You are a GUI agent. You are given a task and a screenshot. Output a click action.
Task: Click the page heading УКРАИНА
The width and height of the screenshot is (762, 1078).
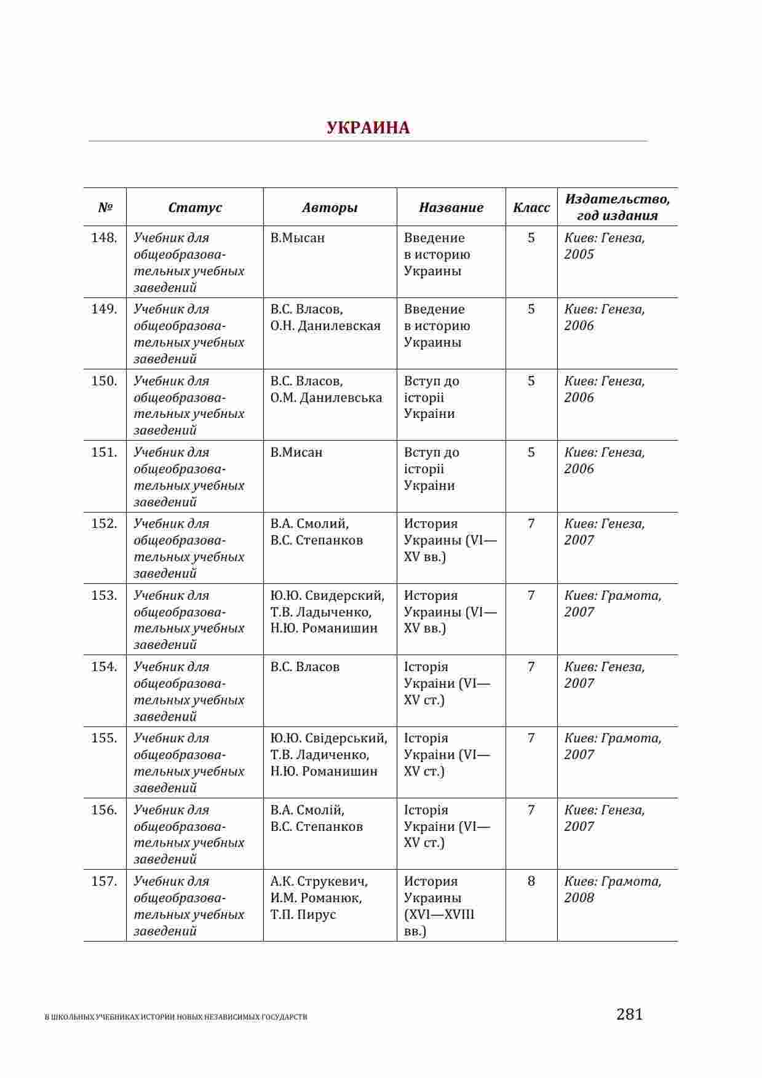tap(368, 128)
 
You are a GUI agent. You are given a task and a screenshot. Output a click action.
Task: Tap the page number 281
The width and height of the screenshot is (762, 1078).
tap(629, 1015)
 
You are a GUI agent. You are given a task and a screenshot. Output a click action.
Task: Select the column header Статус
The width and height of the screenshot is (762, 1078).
tap(195, 208)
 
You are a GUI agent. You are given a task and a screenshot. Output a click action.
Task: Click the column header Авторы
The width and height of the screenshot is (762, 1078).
tap(330, 208)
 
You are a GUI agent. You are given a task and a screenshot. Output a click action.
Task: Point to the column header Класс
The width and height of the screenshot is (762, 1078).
tap(531, 208)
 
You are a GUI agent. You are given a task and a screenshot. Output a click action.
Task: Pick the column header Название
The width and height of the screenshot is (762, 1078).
tap(451, 208)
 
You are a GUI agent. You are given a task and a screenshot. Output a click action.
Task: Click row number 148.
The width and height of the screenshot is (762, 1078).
tap(104, 238)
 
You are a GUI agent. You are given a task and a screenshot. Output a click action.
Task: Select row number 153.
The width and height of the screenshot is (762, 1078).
tap(104, 596)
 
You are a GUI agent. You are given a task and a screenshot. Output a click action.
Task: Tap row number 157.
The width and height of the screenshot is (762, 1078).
tap(104, 881)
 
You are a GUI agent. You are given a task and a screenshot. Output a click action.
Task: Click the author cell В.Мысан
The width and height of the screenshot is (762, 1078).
tap(298, 238)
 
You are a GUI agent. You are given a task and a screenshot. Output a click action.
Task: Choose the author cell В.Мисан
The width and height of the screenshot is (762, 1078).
tap(296, 452)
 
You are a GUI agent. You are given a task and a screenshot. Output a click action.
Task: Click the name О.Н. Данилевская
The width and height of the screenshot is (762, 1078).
tap(325, 326)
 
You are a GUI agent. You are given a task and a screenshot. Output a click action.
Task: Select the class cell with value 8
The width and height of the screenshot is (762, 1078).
tap(531, 881)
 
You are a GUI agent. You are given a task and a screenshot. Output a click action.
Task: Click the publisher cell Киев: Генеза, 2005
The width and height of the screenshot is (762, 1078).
tap(605, 246)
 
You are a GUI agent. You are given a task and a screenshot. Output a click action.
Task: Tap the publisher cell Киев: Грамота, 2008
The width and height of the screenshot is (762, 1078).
tap(613, 889)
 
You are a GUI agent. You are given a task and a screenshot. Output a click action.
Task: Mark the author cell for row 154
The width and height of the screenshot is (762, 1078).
tap(305, 667)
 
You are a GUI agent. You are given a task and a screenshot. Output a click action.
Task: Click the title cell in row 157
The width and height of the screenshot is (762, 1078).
tap(439, 906)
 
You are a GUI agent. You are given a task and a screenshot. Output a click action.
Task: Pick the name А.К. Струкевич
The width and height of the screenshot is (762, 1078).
tap(319, 881)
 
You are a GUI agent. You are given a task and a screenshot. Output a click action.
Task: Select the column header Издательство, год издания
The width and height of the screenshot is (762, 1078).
tap(617, 207)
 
